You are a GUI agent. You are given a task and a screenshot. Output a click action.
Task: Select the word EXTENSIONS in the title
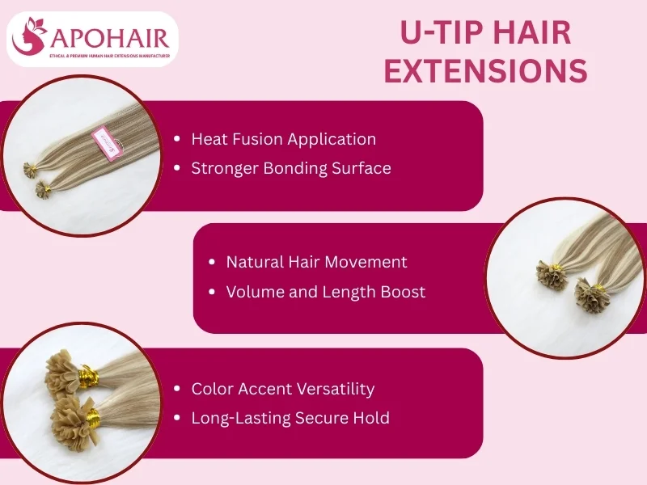tap(485, 71)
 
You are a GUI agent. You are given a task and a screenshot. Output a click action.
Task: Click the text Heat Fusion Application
tap(283, 139)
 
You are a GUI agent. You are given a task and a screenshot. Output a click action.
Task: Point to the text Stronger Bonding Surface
tap(290, 168)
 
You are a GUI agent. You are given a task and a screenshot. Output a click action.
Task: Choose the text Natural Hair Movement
tap(316, 262)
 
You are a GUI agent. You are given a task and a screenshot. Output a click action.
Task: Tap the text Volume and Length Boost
tap(325, 292)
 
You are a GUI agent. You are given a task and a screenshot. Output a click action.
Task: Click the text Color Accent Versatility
tap(282, 389)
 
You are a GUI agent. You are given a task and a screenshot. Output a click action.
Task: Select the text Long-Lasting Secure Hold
tap(290, 418)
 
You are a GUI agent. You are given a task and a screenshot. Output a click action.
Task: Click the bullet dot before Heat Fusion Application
tap(177, 140)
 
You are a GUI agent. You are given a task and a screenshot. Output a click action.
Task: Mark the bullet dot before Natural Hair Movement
tap(212, 263)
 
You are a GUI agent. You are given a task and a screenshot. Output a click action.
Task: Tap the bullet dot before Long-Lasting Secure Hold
tap(177, 419)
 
